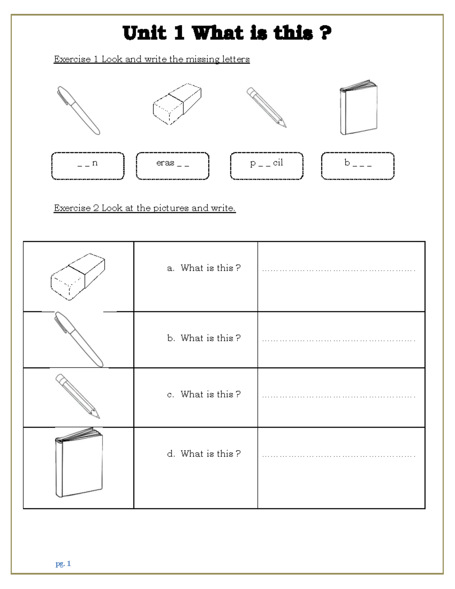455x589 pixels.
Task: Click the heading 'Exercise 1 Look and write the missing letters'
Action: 152,59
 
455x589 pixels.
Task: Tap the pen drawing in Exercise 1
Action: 78,110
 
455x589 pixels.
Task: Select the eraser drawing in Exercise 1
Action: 177,104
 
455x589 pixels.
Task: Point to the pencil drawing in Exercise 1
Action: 267,108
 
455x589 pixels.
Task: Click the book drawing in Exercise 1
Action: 358,108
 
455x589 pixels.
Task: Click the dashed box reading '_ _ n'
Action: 88,166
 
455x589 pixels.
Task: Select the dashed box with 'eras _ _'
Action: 173,166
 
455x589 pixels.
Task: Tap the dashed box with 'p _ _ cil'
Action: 267,166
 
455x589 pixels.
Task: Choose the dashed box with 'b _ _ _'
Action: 358,166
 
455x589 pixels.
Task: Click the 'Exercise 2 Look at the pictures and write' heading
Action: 144,208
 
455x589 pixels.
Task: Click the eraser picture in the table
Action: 78,276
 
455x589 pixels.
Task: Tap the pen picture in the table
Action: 78,339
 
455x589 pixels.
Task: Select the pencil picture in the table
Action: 78,396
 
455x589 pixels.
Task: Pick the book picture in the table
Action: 79,463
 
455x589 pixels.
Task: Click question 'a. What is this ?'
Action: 204,268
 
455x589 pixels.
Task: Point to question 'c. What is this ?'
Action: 204,394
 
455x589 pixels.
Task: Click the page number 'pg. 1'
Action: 63,564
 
